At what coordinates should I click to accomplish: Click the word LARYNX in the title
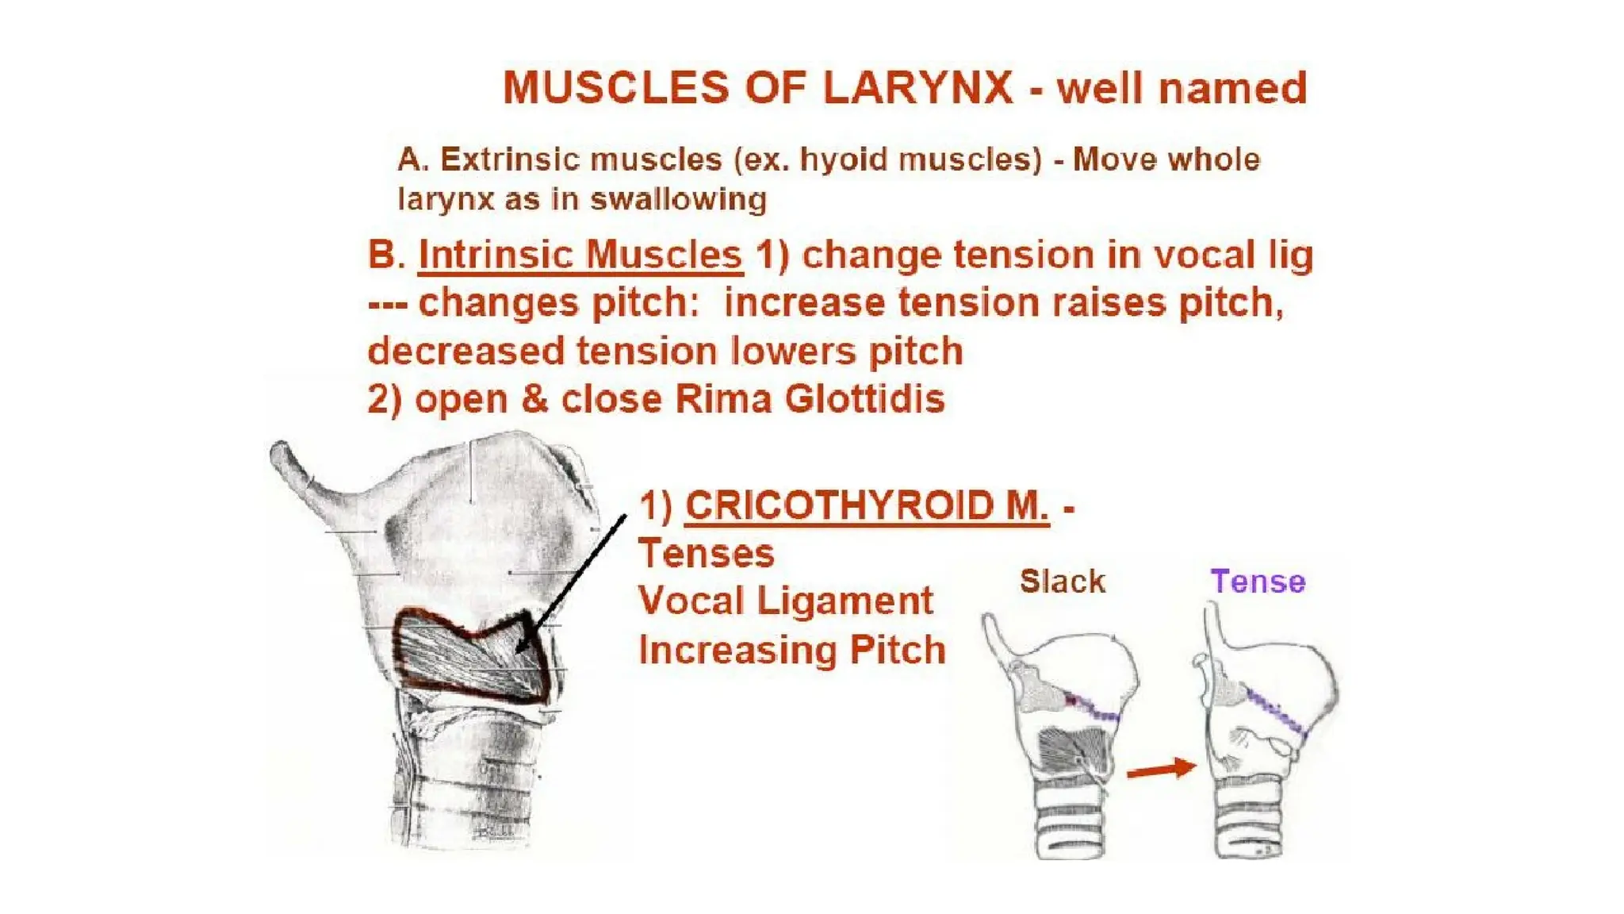click(918, 87)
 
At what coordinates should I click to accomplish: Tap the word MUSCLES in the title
click(616, 87)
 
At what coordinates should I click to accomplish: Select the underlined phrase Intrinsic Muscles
click(580, 255)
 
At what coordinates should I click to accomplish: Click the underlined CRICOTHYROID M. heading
click(867, 505)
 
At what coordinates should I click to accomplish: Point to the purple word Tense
click(1258, 582)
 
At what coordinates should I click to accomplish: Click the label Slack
click(1062, 582)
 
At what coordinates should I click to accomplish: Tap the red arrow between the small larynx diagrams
click(1161, 769)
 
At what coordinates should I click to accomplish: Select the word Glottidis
click(864, 398)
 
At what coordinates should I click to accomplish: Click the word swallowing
click(678, 199)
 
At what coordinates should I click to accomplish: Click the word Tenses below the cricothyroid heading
click(706, 553)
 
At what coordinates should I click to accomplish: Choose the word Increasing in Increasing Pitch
click(737, 650)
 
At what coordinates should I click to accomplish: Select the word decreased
click(465, 351)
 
